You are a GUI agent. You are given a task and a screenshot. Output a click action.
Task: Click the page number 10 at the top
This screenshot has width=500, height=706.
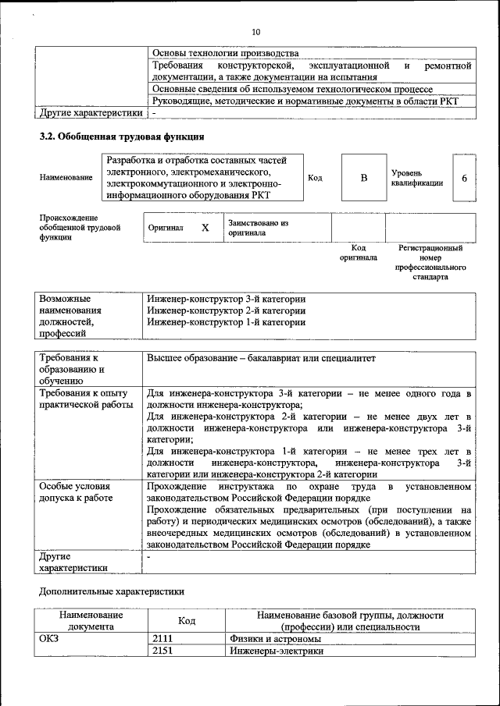[255, 32]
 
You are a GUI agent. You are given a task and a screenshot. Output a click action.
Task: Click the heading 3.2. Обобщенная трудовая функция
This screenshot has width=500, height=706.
[116, 137]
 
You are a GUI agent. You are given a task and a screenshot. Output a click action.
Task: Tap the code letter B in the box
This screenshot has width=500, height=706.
[363, 178]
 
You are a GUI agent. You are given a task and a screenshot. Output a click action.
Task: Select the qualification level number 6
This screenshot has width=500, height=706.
[464, 178]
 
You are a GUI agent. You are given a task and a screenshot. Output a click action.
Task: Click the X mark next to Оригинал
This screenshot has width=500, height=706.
[205, 228]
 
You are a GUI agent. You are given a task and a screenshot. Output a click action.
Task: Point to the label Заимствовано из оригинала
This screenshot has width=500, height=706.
[258, 228]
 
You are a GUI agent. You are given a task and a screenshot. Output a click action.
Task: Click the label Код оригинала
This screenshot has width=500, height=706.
[359, 252]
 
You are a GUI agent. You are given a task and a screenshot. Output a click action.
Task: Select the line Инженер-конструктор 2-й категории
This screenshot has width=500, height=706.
[226, 310]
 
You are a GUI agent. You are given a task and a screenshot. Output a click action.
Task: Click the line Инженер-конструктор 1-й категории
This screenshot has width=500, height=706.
[226, 322]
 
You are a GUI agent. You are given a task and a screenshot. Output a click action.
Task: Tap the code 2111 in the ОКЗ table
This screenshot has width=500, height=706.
[162, 639]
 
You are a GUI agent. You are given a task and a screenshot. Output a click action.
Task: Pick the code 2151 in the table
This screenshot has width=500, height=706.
[162, 651]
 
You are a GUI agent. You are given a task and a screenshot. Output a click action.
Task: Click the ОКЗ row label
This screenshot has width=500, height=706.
[49, 639]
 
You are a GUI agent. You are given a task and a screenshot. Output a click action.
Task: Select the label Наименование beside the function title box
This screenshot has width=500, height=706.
[66, 178]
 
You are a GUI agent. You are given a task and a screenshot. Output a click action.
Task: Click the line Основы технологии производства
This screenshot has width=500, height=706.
[226, 53]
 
